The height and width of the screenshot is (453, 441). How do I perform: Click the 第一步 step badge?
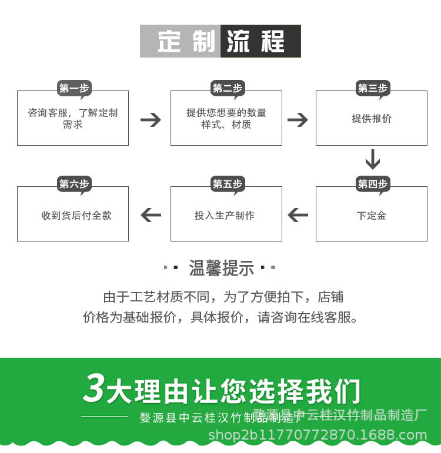pyautogui.click(x=73, y=89)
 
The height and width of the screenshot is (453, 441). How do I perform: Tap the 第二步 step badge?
pyautogui.click(x=227, y=89)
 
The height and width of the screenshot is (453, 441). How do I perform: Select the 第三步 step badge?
pyautogui.click(x=373, y=89)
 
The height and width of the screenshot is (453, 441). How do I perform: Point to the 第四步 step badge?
pyautogui.click(x=373, y=184)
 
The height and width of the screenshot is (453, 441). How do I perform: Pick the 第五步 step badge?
pyautogui.click(x=227, y=184)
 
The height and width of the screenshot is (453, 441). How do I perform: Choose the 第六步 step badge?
pyautogui.click(x=73, y=184)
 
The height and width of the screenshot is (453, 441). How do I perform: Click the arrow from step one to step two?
pyautogui.click(x=151, y=120)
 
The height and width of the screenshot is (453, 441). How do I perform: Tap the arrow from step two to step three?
pyautogui.click(x=298, y=120)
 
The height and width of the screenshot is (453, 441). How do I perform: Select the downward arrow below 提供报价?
pyautogui.click(x=373, y=159)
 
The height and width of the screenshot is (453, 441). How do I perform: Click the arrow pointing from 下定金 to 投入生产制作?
pyautogui.click(x=298, y=215)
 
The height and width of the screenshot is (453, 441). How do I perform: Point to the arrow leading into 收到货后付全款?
pyautogui.click(x=151, y=215)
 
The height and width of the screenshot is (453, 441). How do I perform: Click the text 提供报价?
pyautogui.click(x=372, y=119)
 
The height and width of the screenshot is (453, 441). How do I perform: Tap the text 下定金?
pyautogui.click(x=372, y=216)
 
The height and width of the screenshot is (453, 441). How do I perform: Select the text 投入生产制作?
pyautogui.click(x=225, y=216)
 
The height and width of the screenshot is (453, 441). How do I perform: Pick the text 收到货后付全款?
pyautogui.click(x=76, y=216)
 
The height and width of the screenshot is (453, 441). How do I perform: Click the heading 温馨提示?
pyautogui.click(x=221, y=269)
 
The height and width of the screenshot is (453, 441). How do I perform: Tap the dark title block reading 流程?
pyautogui.click(x=260, y=41)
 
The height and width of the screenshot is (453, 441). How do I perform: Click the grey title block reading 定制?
pyautogui.click(x=181, y=41)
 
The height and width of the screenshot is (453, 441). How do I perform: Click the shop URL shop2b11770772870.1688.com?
pyautogui.click(x=318, y=435)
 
